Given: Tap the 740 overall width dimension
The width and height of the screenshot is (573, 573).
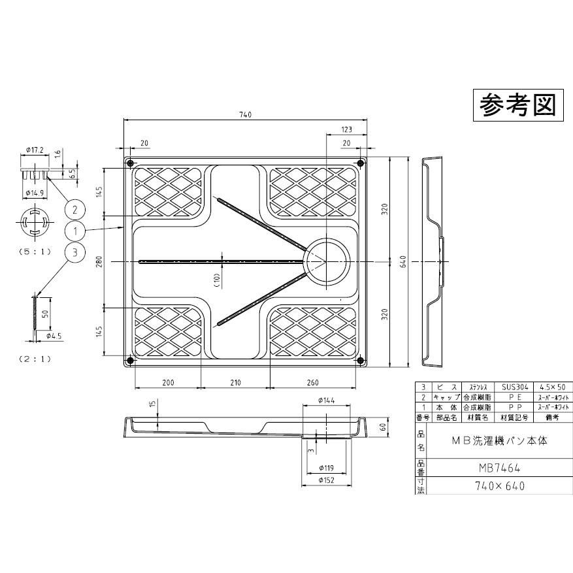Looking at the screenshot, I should [245, 116].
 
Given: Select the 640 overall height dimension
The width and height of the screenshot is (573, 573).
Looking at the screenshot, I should [404, 261].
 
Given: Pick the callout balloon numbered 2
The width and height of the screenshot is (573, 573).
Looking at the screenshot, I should [76, 209].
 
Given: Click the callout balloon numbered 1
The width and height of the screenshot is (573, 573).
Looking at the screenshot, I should [76, 231].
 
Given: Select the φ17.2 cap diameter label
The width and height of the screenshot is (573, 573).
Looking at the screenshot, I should [34, 150].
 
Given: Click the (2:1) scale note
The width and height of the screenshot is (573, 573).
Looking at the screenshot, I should [35, 358].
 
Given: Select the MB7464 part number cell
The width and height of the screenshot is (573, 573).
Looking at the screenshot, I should [497, 468].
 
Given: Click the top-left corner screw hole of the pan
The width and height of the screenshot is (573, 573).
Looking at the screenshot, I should [129, 163].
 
